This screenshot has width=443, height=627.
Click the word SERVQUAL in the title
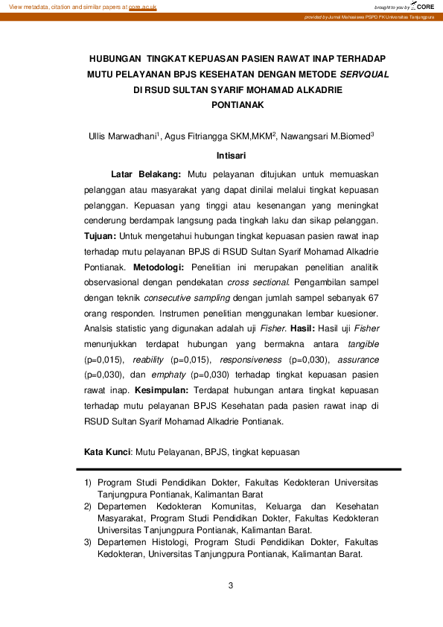[365, 74]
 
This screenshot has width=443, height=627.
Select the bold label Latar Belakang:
[145, 174]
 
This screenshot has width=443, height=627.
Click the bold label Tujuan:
[100, 235]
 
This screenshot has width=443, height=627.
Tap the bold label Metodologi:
[161, 266]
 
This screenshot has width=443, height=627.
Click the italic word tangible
[363, 343]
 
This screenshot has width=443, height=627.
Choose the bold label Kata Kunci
[107, 452]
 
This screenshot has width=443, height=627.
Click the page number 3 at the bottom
[231, 585]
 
